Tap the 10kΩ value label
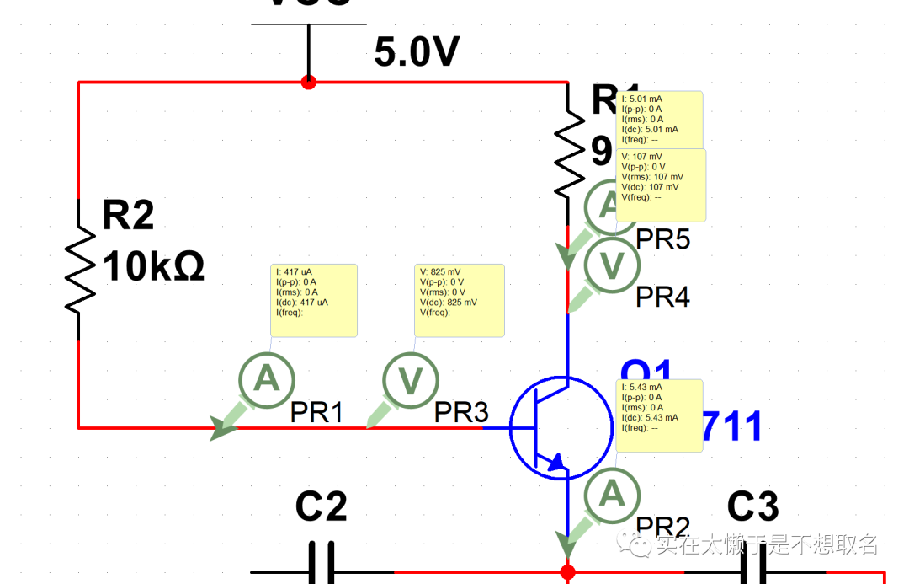pos(154,268)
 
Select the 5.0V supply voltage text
pos(417,53)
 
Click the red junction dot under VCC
pos(309,83)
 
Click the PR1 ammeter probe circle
pos(267,380)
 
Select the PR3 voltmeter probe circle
pos(410,381)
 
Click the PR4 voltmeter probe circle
pos(613,266)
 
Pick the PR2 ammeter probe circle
pos(612,495)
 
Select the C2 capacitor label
pos(321,507)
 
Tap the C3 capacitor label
pos(752,507)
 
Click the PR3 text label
pos(461,413)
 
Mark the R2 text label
pos(128,217)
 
